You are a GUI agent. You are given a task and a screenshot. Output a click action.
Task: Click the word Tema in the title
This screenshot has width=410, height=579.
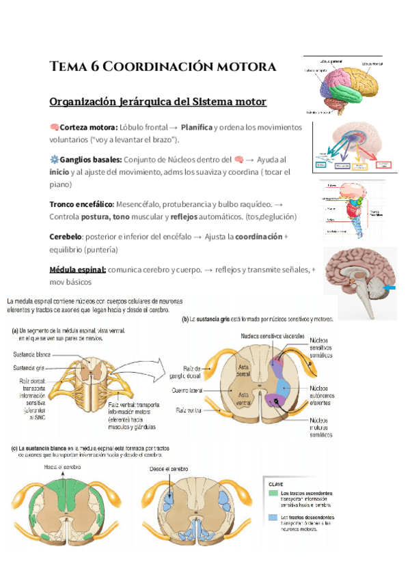coord(67,67)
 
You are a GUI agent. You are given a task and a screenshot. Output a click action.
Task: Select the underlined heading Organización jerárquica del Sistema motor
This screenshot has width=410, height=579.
coord(158,102)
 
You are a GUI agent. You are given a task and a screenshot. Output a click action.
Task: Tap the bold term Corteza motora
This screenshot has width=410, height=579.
coord(88,127)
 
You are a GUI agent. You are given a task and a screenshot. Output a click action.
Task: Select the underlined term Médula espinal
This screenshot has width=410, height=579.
coord(77,269)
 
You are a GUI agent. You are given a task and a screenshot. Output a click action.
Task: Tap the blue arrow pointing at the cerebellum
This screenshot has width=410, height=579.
coord(391,291)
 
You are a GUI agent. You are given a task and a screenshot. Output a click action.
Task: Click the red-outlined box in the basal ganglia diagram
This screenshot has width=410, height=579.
coord(383,164)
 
